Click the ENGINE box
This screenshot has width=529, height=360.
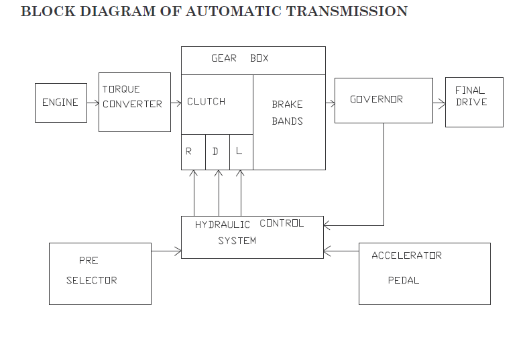(x=60, y=103)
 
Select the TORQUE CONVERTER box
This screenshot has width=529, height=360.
(x=134, y=102)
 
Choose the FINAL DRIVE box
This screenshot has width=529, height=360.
(x=473, y=101)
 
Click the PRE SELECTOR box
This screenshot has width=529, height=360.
(x=99, y=274)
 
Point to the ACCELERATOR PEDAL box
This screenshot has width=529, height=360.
(x=424, y=274)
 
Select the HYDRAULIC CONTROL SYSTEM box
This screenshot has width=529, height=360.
(x=251, y=237)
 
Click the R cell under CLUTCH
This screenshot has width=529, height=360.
(x=192, y=152)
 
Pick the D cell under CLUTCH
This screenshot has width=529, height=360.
(x=217, y=152)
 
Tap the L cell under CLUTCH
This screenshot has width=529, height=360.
(x=241, y=152)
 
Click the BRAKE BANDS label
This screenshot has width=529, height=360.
(x=287, y=113)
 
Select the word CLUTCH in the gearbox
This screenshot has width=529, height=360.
(x=206, y=101)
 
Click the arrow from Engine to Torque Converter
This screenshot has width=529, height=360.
(x=93, y=103)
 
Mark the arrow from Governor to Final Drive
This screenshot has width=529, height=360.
(x=438, y=104)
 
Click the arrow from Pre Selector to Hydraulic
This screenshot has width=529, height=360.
(x=166, y=251)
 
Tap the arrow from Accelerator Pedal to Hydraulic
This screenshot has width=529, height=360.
(x=341, y=251)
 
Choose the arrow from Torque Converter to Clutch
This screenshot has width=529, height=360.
(x=176, y=103)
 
